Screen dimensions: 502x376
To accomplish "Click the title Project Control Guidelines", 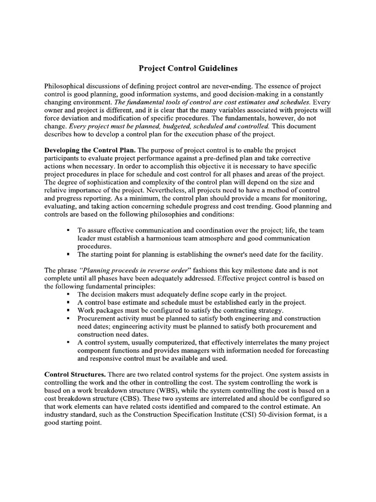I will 188,68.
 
